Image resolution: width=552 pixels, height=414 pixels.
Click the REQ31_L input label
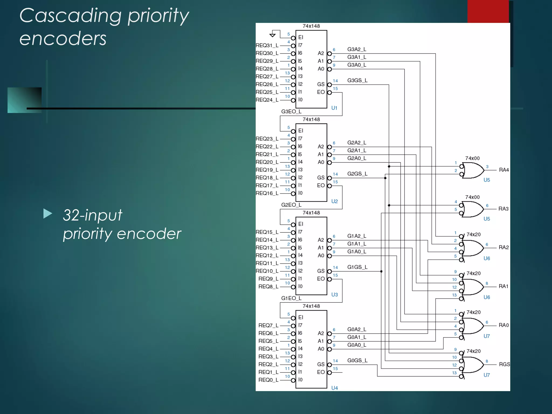pyautogui.click(x=267, y=45)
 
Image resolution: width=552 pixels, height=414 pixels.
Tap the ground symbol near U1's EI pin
pyautogui.click(x=272, y=35)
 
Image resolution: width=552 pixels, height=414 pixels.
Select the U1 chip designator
pyautogui.click(x=334, y=108)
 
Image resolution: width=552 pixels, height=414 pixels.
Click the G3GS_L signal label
pyautogui.click(x=357, y=80)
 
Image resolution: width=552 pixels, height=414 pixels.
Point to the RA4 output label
pyautogui.click(x=504, y=170)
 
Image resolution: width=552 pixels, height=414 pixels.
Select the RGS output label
pyautogui.click(x=504, y=364)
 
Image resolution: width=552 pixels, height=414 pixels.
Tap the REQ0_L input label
pyautogui.click(x=268, y=380)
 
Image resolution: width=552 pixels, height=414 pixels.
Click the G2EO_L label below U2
pyautogui.click(x=291, y=205)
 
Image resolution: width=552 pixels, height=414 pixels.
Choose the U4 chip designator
pyautogui.click(x=334, y=388)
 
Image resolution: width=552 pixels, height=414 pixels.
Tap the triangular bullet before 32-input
pyautogui.click(x=48, y=214)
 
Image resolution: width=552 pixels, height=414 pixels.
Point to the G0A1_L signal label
pyautogui.click(x=357, y=337)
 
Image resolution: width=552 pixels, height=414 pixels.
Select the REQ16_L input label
pyautogui.click(x=267, y=193)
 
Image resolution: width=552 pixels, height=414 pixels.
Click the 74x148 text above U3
pyautogui.click(x=311, y=213)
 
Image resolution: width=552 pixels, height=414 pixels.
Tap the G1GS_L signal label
pyautogui.click(x=357, y=267)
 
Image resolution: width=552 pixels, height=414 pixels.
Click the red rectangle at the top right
pyautogui.click(x=488, y=11)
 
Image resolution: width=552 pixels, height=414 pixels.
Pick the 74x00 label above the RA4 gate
pyautogui.click(x=472, y=158)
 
